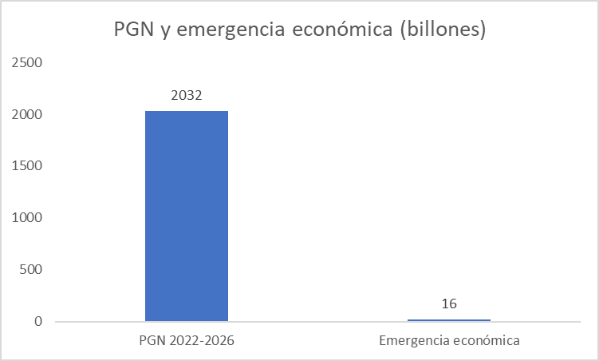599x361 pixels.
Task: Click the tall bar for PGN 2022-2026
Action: click(186, 216)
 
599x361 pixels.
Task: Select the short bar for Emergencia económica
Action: click(449, 320)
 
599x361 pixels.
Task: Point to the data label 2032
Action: click(186, 96)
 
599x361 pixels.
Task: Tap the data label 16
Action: click(449, 304)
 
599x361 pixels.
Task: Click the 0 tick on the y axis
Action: click(37, 322)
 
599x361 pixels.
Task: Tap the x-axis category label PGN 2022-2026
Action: click(186, 341)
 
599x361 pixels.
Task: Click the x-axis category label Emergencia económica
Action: click(449, 341)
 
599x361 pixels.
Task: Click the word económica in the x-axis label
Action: click(486, 341)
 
